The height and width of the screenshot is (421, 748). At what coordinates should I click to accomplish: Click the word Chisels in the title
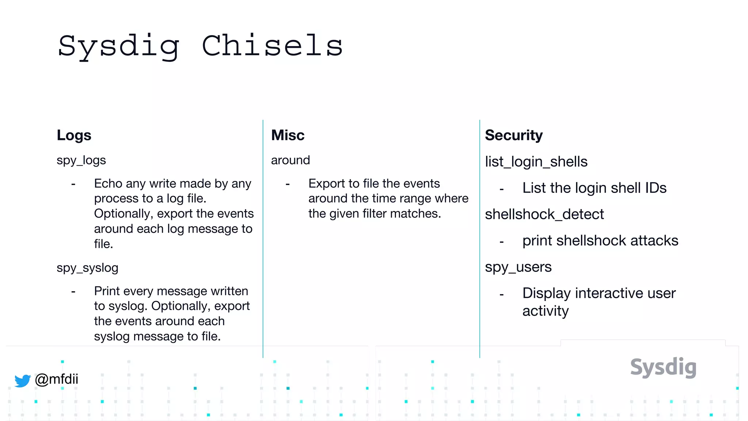[272, 46]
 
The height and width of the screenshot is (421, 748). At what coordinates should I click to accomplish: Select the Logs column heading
[74, 135]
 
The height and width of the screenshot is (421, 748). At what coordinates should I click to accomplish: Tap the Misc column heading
[288, 135]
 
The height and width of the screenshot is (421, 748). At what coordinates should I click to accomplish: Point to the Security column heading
[514, 135]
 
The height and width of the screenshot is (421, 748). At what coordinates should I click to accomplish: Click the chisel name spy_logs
[81, 160]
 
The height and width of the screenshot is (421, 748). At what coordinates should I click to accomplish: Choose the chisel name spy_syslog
[87, 268]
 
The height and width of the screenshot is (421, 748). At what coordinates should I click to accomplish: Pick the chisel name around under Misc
[290, 160]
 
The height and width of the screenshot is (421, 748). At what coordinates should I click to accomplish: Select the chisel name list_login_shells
[536, 162]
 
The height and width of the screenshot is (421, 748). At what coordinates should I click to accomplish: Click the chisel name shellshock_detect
[544, 214]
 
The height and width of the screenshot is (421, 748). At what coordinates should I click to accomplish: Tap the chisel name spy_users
[518, 267]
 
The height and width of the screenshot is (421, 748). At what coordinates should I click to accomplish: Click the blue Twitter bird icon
[23, 380]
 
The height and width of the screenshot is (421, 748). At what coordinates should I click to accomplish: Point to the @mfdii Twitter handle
[56, 379]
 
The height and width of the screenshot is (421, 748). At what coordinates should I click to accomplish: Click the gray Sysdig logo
[663, 367]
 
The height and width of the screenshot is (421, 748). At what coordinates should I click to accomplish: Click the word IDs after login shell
[656, 188]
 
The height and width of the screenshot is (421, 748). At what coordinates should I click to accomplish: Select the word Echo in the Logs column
[108, 183]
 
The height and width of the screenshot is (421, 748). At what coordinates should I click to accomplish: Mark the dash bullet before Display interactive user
[501, 295]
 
